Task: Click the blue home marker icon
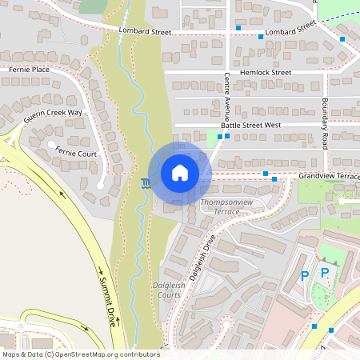tap(179, 173)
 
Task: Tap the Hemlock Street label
tap(269, 72)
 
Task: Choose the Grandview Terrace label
tap(329, 175)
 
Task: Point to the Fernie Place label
tap(29, 70)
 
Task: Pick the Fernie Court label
tap(76, 153)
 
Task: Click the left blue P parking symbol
tap(304, 275)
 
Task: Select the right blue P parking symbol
tap(325, 273)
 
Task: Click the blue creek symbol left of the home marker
tap(145, 183)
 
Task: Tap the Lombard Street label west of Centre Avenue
tap(145, 32)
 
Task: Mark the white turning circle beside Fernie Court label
tap(52, 145)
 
